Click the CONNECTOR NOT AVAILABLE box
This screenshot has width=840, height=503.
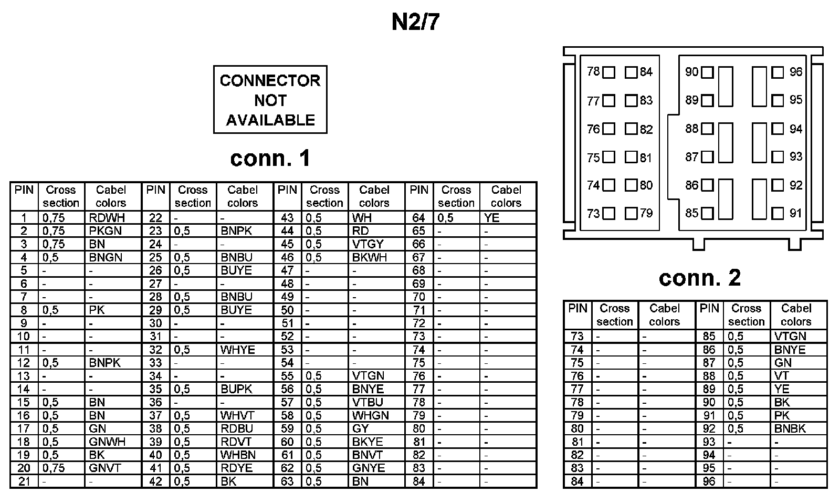[x=270, y=100]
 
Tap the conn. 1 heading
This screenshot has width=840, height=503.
[x=270, y=158]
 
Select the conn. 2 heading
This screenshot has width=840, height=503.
[x=699, y=278]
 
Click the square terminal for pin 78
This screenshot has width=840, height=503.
[x=608, y=72]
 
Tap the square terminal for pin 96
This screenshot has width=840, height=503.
[x=778, y=72]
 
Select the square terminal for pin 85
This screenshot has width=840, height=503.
[x=707, y=213]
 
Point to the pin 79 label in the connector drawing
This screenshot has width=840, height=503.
[x=646, y=213]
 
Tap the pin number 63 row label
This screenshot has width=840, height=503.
[x=287, y=481]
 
